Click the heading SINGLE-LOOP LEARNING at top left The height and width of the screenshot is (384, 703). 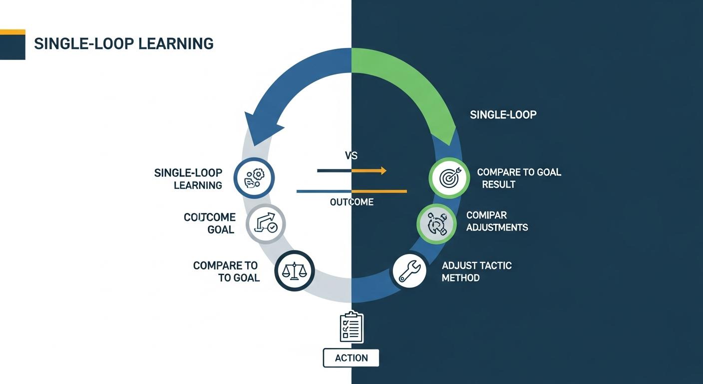point(123,43)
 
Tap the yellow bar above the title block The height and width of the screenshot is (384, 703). point(12,32)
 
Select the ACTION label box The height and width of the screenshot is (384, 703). point(351,358)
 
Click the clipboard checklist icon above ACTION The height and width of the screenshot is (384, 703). point(351,327)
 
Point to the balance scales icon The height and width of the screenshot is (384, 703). point(295,270)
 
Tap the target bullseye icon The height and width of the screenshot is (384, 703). point(449,177)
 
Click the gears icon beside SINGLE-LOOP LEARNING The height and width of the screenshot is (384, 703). point(255,178)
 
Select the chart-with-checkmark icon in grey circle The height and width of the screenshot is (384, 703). point(266,223)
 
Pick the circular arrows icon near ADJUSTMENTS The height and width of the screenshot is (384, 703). point(436,223)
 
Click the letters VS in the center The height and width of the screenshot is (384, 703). point(351,155)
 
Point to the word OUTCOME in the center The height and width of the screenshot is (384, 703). point(351,202)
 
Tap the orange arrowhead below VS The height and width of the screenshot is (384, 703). point(383,171)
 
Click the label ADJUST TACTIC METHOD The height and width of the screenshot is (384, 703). point(476,271)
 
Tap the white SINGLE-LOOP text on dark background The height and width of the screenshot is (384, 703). point(503,115)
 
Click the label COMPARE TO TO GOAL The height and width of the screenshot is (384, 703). point(226,271)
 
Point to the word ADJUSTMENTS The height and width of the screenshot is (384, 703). point(497,227)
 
